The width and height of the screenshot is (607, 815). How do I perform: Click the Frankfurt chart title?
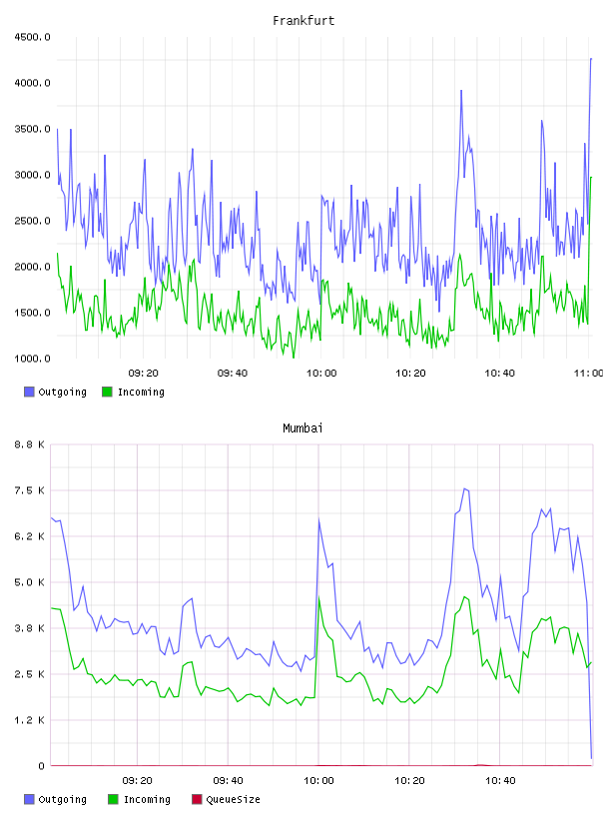click(303, 20)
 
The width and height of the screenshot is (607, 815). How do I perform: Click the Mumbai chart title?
click(303, 427)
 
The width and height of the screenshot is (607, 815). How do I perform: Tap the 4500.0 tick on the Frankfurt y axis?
click(32, 37)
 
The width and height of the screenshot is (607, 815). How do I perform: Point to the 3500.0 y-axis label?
click(32, 129)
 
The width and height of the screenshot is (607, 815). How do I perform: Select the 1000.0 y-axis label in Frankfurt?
click(32, 359)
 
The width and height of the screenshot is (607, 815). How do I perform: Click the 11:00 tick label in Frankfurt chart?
click(588, 374)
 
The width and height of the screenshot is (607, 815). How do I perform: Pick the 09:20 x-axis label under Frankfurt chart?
click(144, 374)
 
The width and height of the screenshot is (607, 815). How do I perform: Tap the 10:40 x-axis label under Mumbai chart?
click(500, 781)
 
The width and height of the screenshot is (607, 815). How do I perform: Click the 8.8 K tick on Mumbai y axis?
click(30, 444)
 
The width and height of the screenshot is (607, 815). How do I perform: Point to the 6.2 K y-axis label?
click(30, 536)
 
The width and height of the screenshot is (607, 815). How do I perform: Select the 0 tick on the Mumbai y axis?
click(42, 766)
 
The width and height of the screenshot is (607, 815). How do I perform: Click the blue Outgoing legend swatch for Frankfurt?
click(29, 392)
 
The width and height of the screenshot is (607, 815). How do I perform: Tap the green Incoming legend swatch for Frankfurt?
click(107, 392)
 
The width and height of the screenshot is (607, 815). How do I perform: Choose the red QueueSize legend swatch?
click(197, 799)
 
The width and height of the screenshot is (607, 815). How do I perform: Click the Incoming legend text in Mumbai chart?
click(147, 799)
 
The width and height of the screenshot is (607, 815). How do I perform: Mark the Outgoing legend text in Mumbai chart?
click(62, 799)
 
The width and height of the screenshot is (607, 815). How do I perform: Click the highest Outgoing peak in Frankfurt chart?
click(591, 59)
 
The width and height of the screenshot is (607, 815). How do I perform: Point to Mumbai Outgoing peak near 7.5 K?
click(464, 488)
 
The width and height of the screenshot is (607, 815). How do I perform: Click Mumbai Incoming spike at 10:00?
click(318, 597)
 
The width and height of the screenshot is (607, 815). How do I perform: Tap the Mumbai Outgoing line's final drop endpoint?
click(591, 758)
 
